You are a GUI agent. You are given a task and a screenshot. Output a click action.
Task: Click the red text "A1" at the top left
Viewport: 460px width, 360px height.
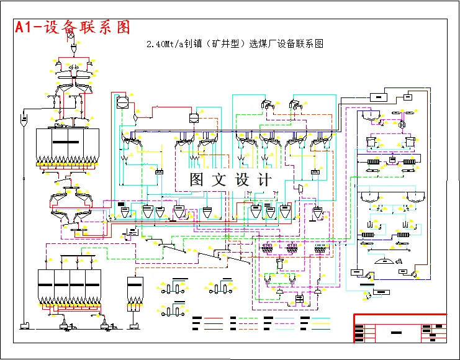click(29, 27)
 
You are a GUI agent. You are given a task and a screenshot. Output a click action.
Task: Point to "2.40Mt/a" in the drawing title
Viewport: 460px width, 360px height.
click(163, 44)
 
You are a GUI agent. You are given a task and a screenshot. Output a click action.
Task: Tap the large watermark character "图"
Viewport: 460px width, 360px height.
click(197, 181)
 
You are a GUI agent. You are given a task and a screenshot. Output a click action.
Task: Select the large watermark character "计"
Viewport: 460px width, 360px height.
click(264, 181)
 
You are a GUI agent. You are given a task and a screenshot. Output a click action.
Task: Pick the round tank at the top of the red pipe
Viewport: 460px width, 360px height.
click(122, 101)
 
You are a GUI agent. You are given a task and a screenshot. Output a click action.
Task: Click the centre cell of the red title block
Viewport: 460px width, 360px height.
click(395, 331)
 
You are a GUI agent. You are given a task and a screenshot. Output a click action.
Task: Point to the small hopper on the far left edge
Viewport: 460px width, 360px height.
click(24, 119)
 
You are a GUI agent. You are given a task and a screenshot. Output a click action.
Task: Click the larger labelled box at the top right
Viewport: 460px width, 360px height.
click(377, 97)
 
